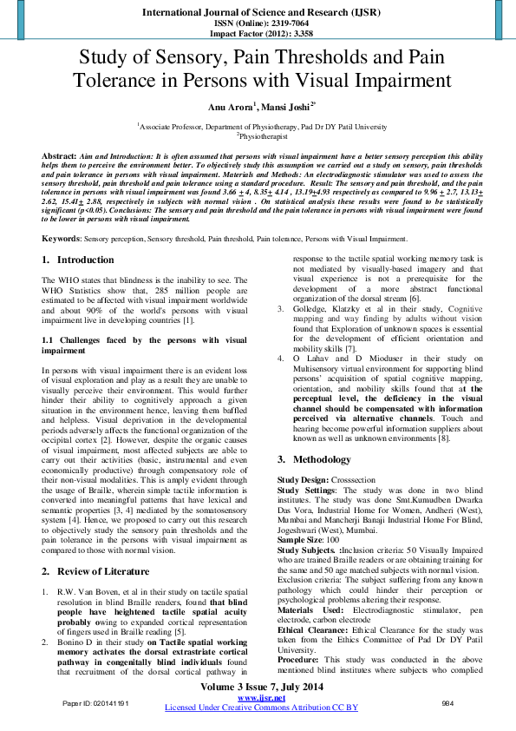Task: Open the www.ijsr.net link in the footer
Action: click(x=257, y=697)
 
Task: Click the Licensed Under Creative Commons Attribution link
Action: click(x=261, y=708)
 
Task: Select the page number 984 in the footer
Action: click(x=448, y=701)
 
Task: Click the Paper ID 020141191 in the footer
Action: click(x=95, y=701)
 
